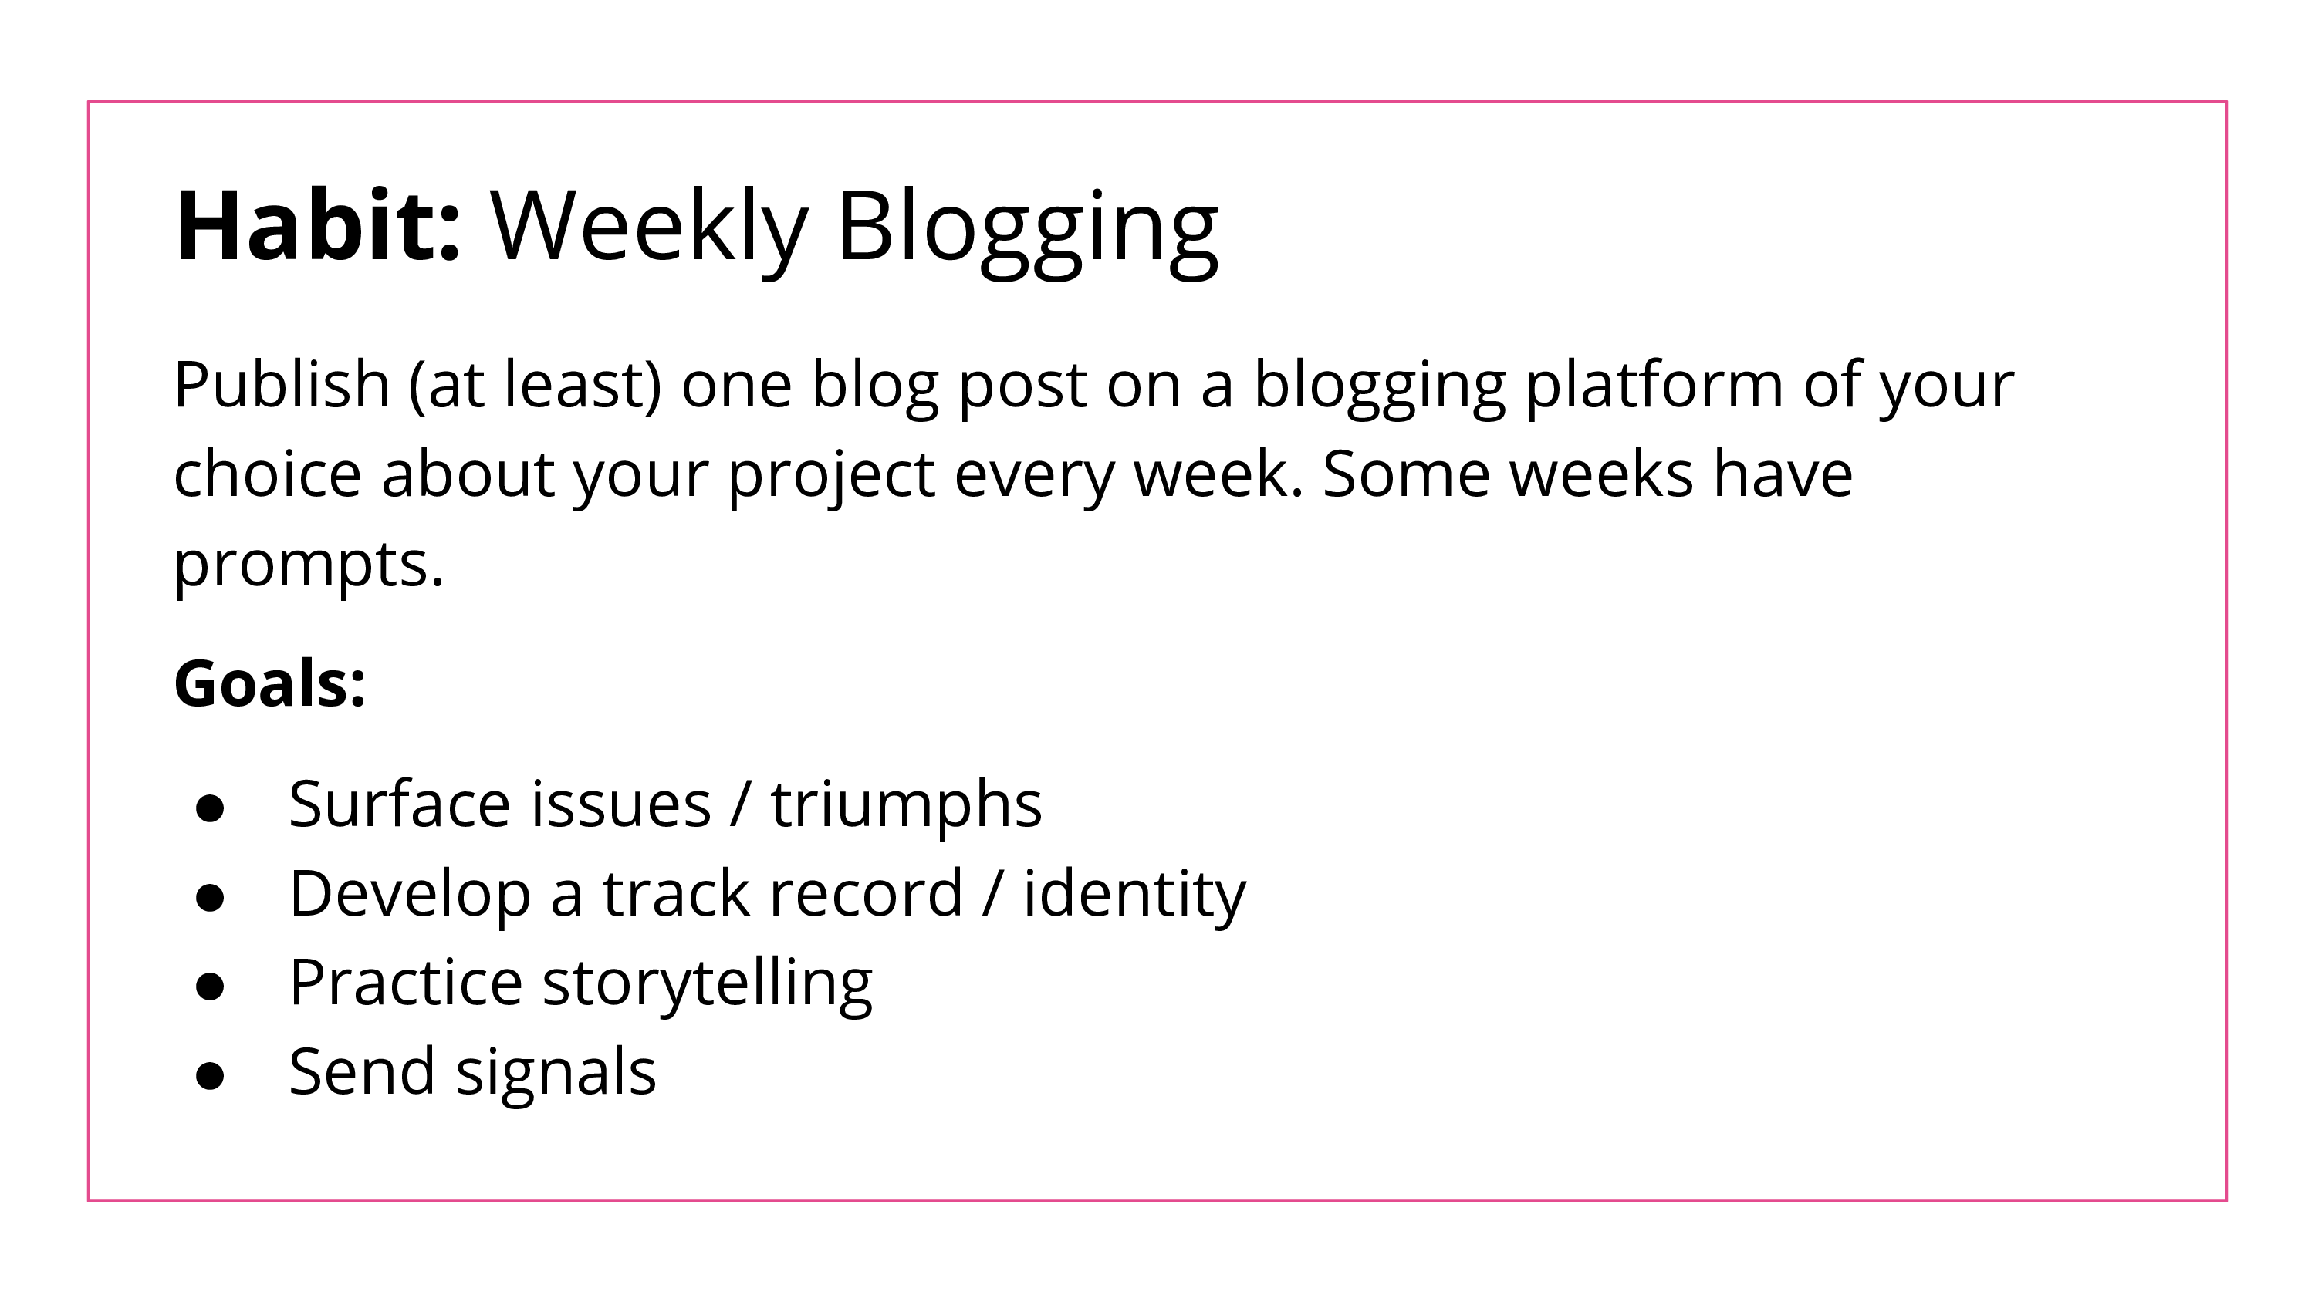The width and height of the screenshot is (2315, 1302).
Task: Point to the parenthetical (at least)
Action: [x=536, y=386]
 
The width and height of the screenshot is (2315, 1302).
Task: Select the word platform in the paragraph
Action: [x=1654, y=386]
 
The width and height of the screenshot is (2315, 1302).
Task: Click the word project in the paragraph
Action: [x=831, y=475]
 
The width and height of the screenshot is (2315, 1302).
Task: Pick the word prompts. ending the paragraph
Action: [x=308, y=565]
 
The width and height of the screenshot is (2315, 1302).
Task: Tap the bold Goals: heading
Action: [x=269, y=683]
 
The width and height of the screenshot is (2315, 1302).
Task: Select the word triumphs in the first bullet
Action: [x=906, y=804]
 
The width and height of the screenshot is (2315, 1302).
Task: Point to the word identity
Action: [x=1134, y=895]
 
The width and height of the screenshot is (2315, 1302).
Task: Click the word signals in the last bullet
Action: [x=556, y=1073]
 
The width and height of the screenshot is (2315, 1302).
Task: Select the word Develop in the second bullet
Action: [x=410, y=895]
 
